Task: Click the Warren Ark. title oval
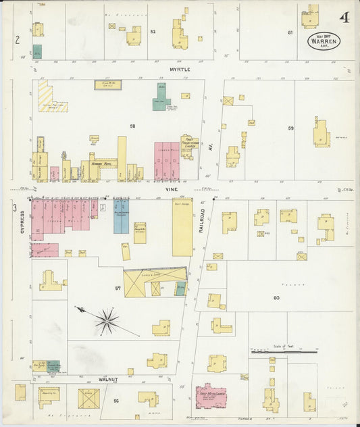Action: pos(324,41)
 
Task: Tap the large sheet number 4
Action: pos(344,17)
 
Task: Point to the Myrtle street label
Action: pos(180,69)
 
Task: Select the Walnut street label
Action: pos(108,379)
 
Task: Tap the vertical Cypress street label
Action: pos(22,221)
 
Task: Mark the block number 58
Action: pos(132,126)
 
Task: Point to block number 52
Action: pos(153,32)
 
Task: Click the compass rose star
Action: pos(106,320)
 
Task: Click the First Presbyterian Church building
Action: pos(188,147)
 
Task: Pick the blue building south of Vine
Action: pos(121,216)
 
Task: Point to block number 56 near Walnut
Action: pos(116,401)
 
